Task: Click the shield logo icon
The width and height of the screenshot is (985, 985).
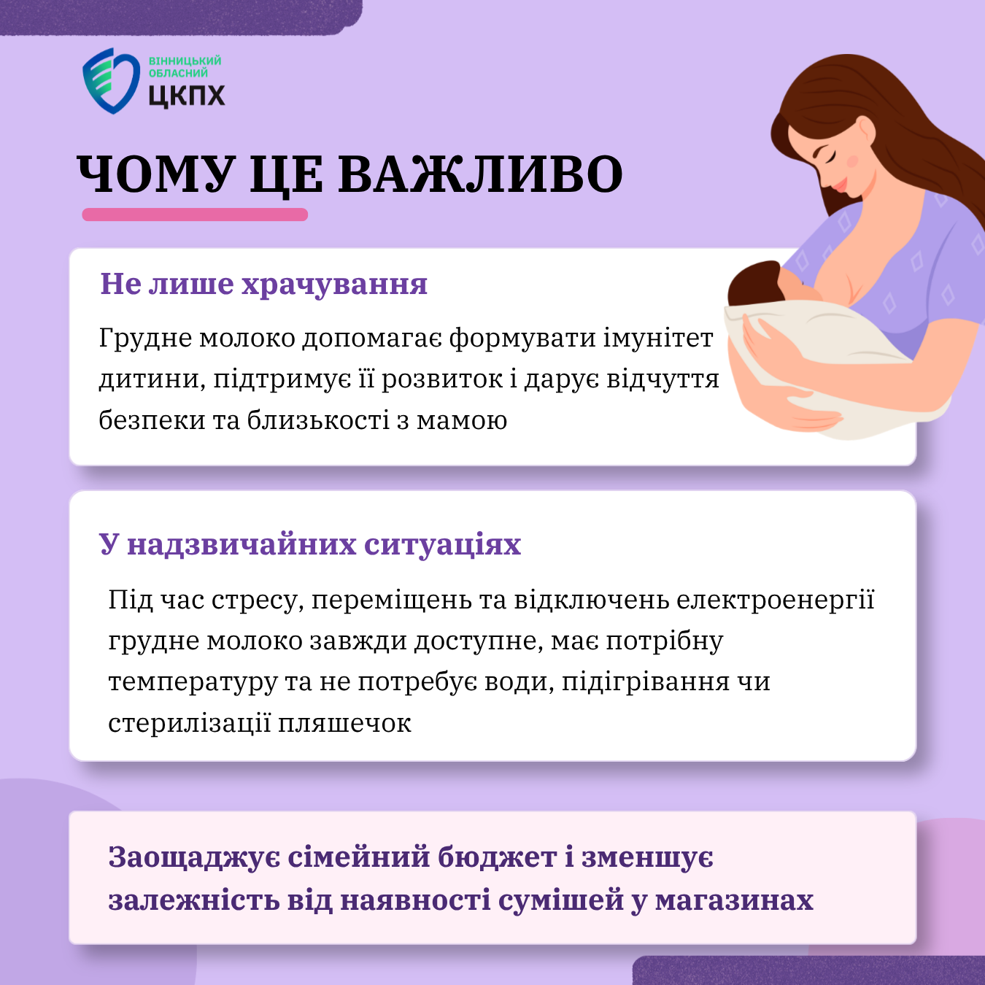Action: (x=111, y=80)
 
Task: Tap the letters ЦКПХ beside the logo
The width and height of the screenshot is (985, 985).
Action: (x=187, y=96)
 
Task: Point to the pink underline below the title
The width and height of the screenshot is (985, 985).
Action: (x=195, y=215)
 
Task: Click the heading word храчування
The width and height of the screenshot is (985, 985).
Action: (x=334, y=284)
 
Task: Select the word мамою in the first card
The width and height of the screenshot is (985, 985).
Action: (x=462, y=421)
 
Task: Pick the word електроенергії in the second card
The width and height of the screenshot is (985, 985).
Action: (x=776, y=600)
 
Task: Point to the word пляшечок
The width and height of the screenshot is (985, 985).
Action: (x=344, y=723)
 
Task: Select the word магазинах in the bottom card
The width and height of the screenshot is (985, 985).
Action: (x=734, y=900)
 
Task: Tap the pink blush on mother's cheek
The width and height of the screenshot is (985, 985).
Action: (x=853, y=161)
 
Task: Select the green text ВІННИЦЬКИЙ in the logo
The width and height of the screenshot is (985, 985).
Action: (x=185, y=61)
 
